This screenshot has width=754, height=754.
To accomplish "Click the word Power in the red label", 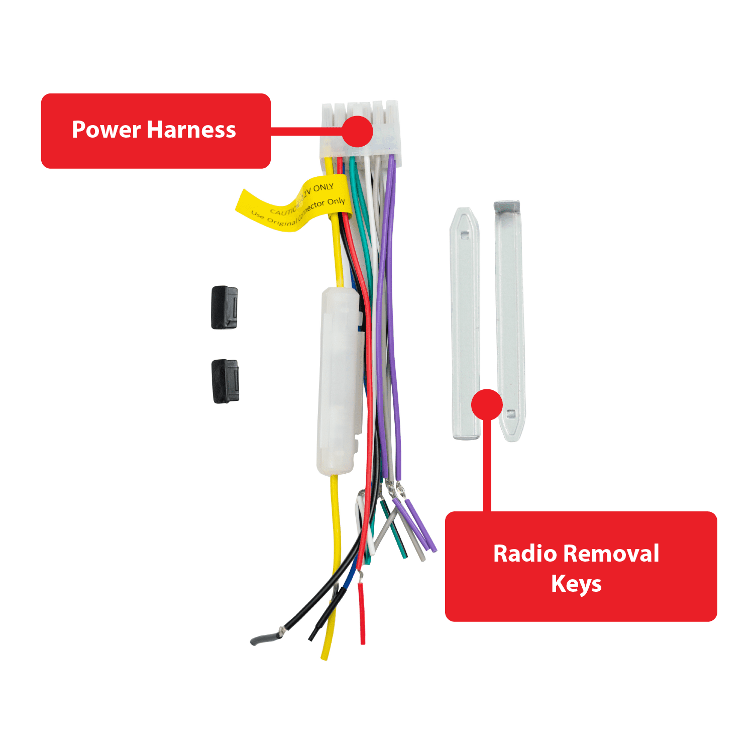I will click(106, 130).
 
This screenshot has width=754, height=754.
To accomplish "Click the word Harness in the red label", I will click(192, 130).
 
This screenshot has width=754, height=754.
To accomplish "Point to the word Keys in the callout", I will click(576, 584).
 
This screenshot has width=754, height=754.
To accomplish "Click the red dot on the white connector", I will click(357, 131).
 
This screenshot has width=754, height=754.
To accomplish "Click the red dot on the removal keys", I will click(487, 404).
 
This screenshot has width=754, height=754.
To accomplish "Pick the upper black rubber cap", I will click(224, 307).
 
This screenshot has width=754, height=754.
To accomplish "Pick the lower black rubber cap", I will click(225, 381).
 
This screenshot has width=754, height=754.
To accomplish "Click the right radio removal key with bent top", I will click(509, 321).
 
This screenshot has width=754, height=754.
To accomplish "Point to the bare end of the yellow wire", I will click(325, 653).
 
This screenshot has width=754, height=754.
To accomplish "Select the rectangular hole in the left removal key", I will click(464, 235).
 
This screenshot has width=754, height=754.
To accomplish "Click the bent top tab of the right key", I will click(506, 207).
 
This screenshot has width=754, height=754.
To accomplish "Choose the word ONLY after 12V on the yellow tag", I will click(324, 187).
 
